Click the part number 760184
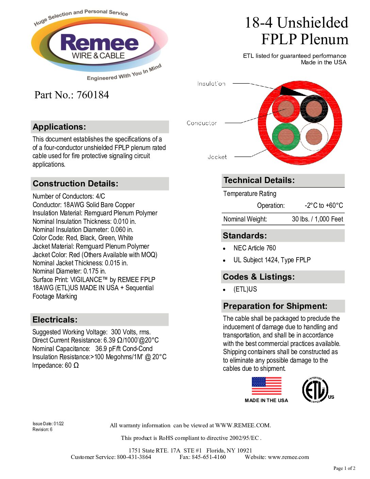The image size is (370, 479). click(x=92, y=95)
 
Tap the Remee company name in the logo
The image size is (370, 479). click(x=99, y=43)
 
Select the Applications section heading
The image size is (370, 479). click(x=60, y=127)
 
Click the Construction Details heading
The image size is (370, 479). click(x=75, y=184)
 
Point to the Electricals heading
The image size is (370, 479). click(x=55, y=320)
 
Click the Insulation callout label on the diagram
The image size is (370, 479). click(x=211, y=84)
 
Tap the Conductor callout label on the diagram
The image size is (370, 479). click(x=202, y=123)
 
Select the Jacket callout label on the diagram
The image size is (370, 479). click(x=217, y=157)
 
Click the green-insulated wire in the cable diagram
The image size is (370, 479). click(x=286, y=136)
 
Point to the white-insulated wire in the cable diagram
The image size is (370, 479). click(x=314, y=136)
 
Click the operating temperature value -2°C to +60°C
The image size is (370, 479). click(x=324, y=205)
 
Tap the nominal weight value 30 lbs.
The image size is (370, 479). click(x=317, y=219)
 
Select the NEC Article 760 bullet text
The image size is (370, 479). click(x=255, y=248)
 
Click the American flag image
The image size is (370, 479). click(x=267, y=386)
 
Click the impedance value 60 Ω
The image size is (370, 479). click(x=72, y=365)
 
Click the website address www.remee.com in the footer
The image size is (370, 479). click(x=288, y=457)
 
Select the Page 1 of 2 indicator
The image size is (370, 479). click(x=344, y=468)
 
